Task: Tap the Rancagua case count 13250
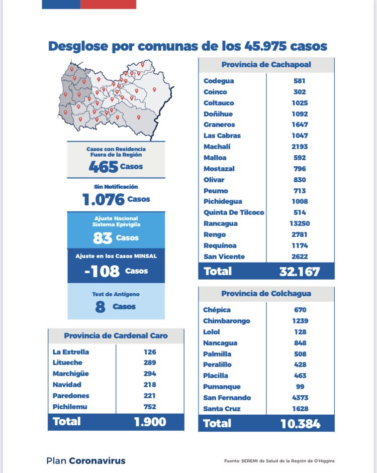point(300,223)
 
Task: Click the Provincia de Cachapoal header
point(266,65)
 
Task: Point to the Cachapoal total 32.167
point(300,272)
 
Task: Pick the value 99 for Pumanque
point(300,387)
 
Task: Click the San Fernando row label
point(227,398)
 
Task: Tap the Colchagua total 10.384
point(300,424)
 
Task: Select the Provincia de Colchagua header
point(266,294)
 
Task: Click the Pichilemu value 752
point(150,407)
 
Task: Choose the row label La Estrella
point(70,352)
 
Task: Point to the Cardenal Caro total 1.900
point(150,422)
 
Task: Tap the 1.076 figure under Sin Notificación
point(104,200)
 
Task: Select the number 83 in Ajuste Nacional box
point(103,238)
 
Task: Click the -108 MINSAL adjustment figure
point(102,272)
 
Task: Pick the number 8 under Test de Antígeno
point(100,307)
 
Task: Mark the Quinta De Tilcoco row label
point(233,212)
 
